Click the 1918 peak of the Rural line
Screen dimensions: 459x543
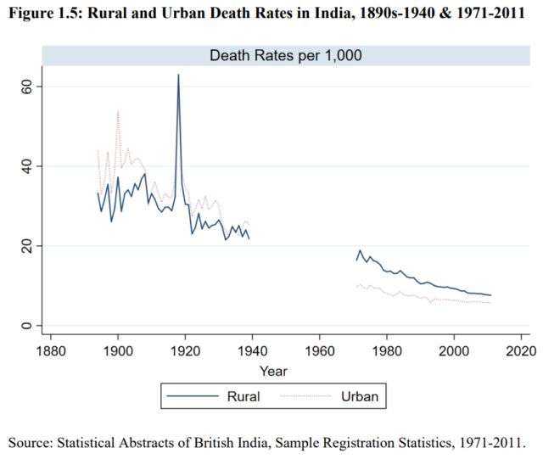pyautogui.click(x=178, y=75)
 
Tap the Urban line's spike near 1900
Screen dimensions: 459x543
pyautogui.click(x=118, y=111)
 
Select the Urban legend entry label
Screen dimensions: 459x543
pyautogui.click(x=359, y=395)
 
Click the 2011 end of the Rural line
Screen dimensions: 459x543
pyautogui.click(x=491, y=295)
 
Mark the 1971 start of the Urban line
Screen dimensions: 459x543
pyautogui.click(x=356, y=287)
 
